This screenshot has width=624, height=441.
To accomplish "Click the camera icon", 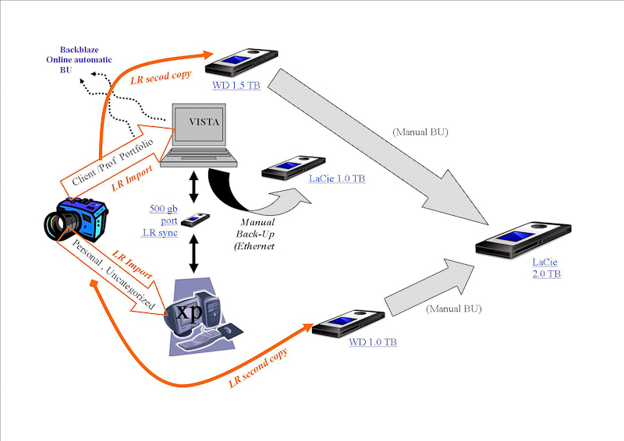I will (75, 220).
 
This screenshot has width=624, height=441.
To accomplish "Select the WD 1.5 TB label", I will (236, 85).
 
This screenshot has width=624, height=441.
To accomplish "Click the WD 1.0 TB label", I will (373, 342).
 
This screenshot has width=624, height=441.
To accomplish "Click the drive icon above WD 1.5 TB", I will (244, 62).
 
